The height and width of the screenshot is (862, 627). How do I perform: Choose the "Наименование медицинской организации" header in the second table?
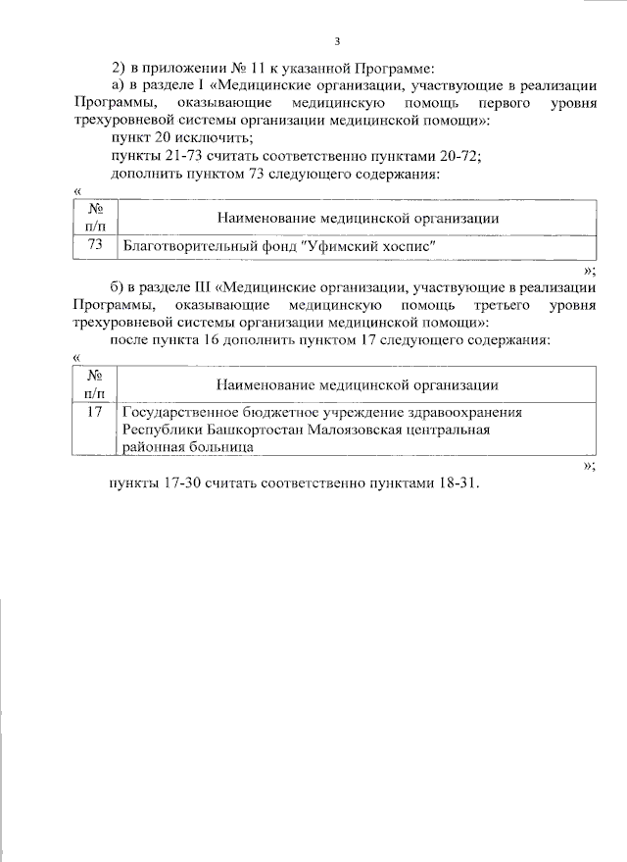tap(358, 385)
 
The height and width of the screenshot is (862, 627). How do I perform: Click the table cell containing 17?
tap(95, 412)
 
